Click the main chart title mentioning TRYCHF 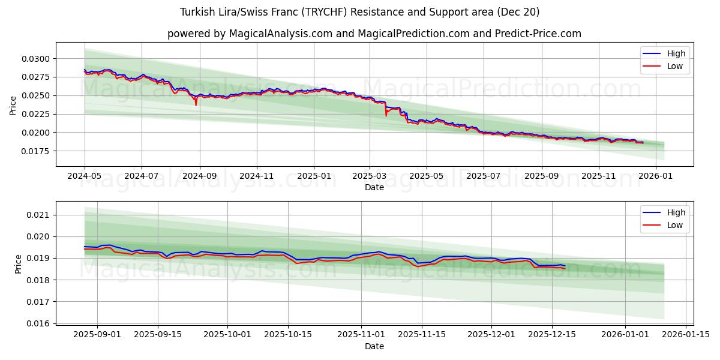click(x=359, y=12)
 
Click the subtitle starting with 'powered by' click(x=374, y=34)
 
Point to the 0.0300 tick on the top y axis click(x=37, y=59)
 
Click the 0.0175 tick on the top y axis click(x=37, y=151)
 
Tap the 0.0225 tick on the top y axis click(x=37, y=114)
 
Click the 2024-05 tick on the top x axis click(x=85, y=176)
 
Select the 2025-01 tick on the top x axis click(x=314, y=176)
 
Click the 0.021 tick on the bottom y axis click(x=40, y=215)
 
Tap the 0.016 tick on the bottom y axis click(x=40, y=323)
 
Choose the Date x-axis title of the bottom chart click(x=374, y=346)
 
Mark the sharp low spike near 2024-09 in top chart click(x=196, y=105)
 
